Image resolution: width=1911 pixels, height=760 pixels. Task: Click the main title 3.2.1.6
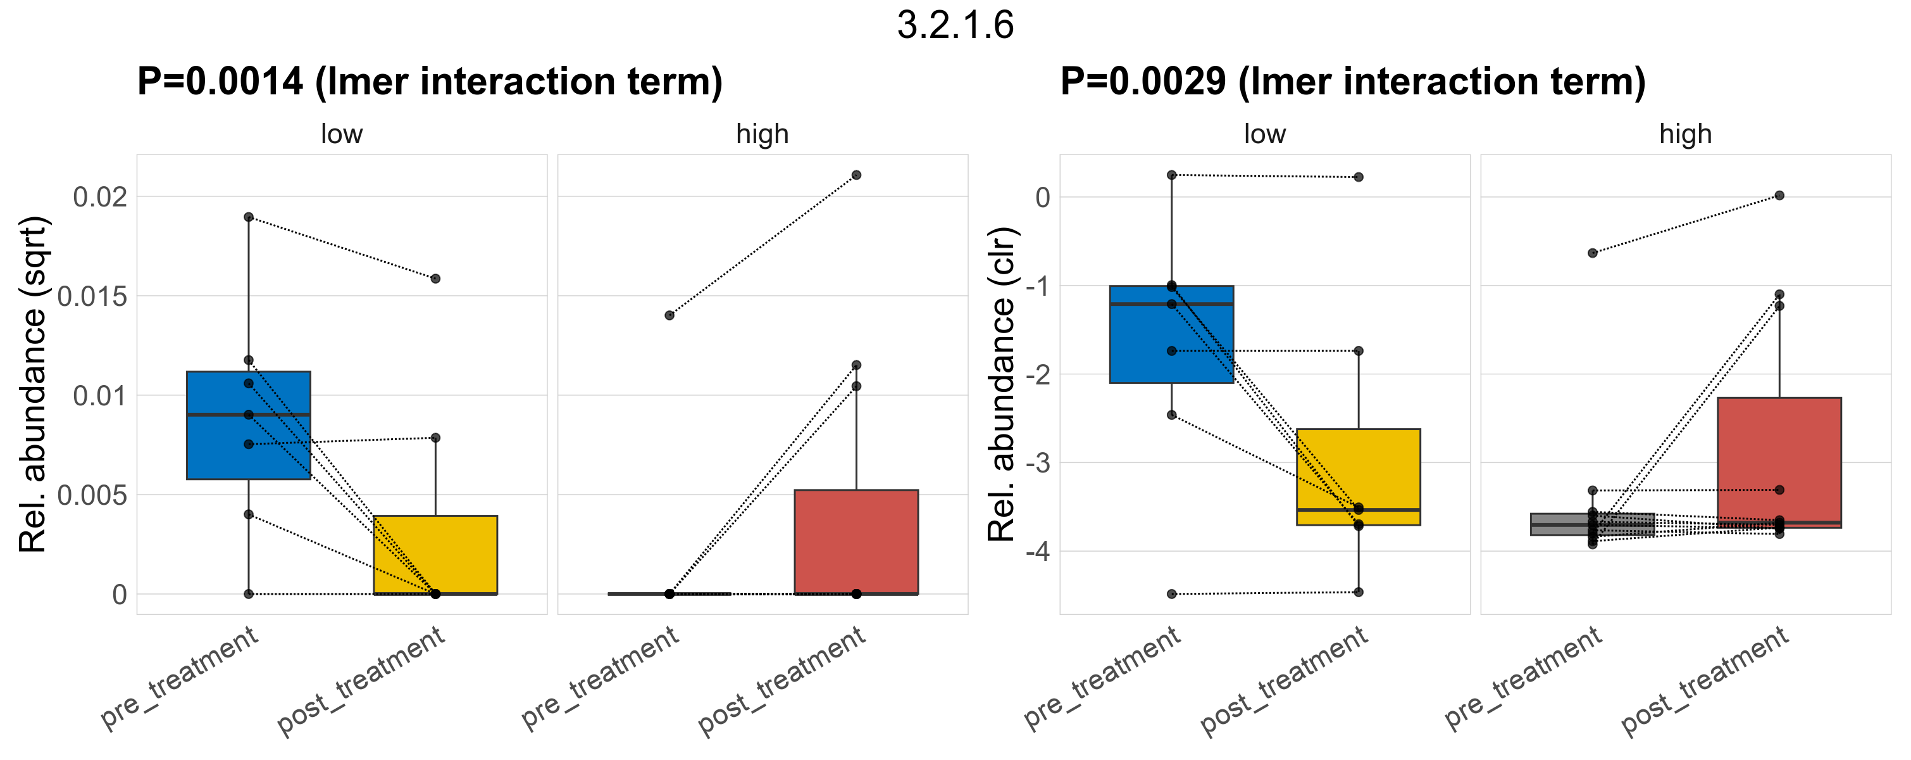click(x=955, y=25)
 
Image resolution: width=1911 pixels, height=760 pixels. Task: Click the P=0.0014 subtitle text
click(x=430, y=82)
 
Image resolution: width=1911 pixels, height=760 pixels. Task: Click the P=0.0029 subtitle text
click(x=1352, y=82)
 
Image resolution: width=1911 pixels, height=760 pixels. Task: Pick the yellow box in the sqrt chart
click(x=435, y=554)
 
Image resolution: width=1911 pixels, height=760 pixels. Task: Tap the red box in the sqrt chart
click(x=856, y=541)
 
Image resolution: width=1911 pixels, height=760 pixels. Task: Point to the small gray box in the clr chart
click(x=1592, y=524)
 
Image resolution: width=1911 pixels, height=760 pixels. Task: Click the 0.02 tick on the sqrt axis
click(x=100, y=198)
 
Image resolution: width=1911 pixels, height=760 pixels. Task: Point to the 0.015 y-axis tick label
click(x=93, y=297)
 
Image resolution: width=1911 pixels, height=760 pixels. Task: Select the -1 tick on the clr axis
click(x=1037, y=286)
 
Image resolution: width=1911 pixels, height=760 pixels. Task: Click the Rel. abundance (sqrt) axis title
click(x=33, y=384)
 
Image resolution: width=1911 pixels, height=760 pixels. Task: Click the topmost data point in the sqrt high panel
click(x=856, y=175)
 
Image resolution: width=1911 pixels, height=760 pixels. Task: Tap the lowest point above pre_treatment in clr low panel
click(x=1171, y=594)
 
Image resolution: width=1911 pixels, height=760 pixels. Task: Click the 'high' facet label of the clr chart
click(x=1686, y=134)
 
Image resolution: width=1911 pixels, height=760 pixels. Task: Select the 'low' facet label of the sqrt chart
click(x=341, y=134)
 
